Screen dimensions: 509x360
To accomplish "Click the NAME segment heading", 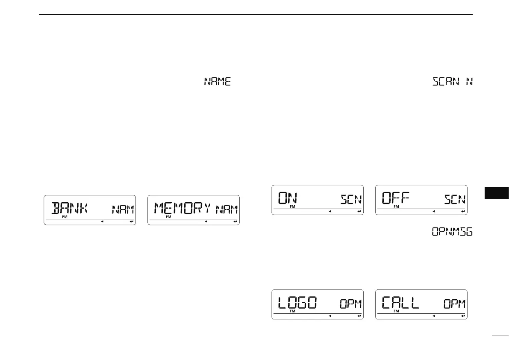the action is click(218, 81).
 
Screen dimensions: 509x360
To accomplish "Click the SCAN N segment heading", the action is click(453, 81).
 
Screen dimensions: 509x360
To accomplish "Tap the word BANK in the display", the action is click(69, 209).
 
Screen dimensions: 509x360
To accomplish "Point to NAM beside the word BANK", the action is click(123, 210).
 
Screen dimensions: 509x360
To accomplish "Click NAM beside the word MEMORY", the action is click(227, 210).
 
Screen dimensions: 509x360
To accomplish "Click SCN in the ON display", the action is click(351, 199).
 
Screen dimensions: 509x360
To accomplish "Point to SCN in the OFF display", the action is click(454, 199).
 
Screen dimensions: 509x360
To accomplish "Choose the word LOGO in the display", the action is click(297, 303).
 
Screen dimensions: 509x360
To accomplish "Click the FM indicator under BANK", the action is click(65, 217).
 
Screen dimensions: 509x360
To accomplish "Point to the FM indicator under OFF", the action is click(396, 207).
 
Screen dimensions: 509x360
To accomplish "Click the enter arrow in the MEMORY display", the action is click(235, 221).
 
